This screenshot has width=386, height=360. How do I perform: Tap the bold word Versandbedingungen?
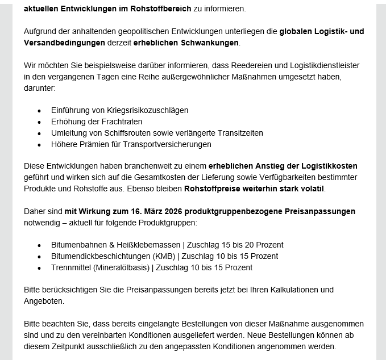(x=65, y=43)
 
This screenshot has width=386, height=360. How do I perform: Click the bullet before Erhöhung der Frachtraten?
(x=39, y=122)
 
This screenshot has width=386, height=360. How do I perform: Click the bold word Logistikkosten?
(x=324, y=166)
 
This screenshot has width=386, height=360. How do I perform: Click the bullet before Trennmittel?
(x=39, y=267)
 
